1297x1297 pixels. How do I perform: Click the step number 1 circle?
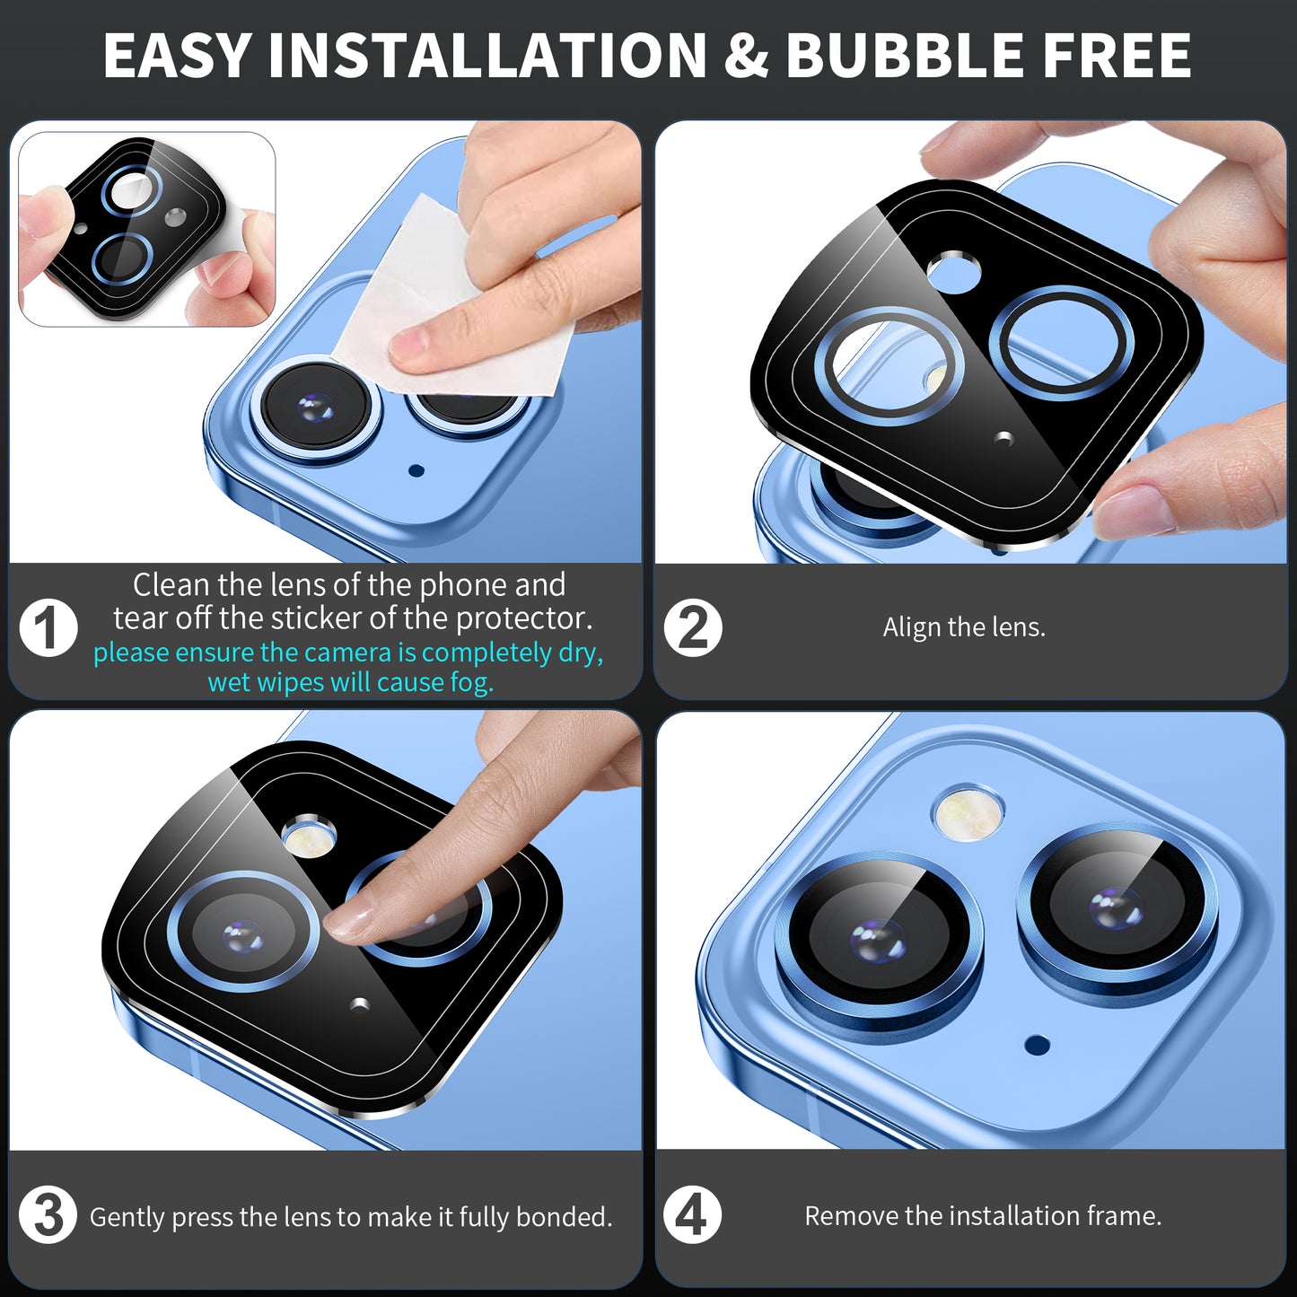[48, 628]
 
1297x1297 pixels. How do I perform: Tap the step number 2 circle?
[693, 628]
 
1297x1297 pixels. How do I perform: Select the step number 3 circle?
[48, 1215]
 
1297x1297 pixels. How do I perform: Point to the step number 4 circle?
[692, 1215]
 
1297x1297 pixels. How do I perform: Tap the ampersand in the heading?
[746, 56]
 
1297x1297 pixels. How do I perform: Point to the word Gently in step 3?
[127, 1217]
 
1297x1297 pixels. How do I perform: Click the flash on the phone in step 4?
[967, 811]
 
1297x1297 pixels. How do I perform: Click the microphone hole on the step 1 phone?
[416, 470]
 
